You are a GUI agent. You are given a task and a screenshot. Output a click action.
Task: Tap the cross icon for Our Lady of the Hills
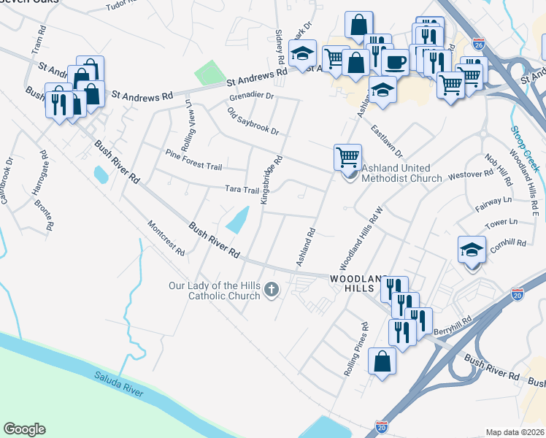272,290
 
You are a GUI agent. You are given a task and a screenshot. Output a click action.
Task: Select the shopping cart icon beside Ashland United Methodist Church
347,157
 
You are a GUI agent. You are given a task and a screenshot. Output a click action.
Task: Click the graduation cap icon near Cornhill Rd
472,250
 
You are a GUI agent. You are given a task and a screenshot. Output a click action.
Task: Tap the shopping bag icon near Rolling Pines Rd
382,360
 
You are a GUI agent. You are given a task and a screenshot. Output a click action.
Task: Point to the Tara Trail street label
242,190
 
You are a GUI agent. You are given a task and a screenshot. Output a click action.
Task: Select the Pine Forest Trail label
193,161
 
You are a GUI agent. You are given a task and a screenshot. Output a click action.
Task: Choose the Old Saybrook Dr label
253,122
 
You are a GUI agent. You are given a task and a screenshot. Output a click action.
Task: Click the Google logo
24,429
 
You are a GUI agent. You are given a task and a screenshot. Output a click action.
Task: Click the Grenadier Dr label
250,96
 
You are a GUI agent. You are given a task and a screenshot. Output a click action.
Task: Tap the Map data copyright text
515,432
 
